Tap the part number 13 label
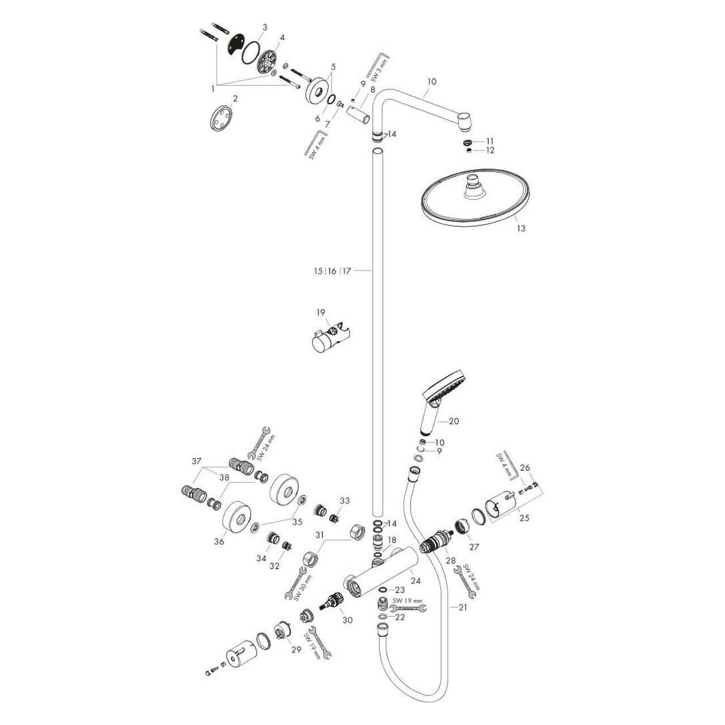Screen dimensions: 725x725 521,228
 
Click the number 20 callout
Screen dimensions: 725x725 454,421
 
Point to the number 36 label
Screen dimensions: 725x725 219,541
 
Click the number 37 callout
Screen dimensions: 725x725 196,462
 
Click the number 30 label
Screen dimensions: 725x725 347,620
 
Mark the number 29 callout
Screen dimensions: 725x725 296,650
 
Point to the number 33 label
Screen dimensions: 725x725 345,501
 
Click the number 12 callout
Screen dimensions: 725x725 489,150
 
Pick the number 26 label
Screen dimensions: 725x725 524,467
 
